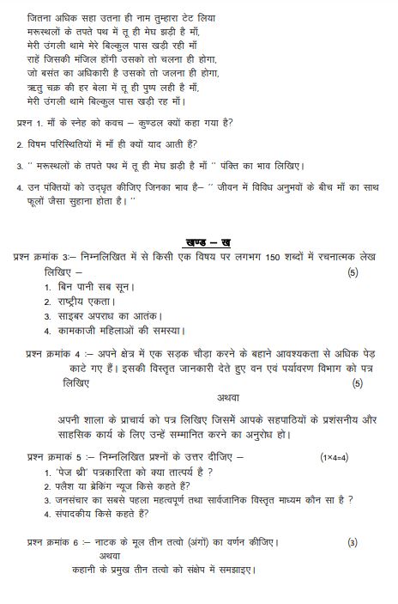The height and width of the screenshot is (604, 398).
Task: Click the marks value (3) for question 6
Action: [353, 542]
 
